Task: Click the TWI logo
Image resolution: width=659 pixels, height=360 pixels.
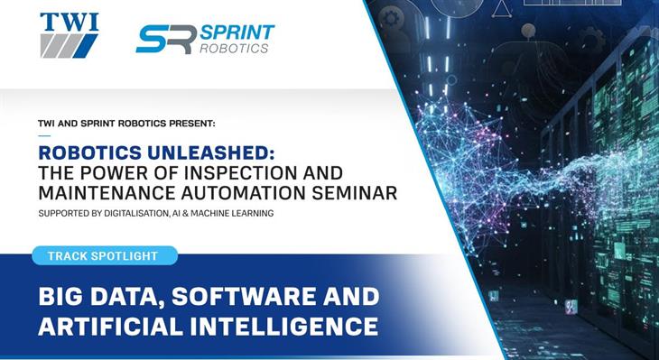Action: pos(69,35)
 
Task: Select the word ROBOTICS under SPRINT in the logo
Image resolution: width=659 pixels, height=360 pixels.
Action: pos(233,48)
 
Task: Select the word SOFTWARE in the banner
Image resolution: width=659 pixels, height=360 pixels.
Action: pos(227,295)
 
